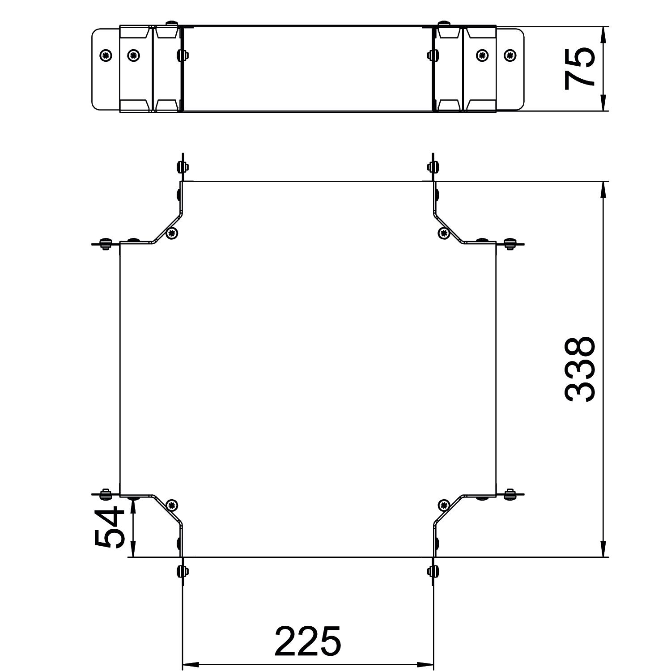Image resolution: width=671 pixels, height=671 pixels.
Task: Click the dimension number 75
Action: coord(580,69)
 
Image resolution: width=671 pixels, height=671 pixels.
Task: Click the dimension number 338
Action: coord(580,369)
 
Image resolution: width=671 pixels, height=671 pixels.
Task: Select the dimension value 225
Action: coord(308,641)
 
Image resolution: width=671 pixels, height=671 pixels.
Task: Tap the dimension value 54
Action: coord(109,527)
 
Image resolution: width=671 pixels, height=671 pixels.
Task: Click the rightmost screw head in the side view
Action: coord(509,55)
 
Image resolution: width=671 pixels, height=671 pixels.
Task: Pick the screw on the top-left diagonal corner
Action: coord(172,233)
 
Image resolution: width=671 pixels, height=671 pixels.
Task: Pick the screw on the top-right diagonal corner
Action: coord(443,232)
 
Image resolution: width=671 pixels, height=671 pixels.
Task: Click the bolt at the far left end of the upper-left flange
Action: coord(105,244)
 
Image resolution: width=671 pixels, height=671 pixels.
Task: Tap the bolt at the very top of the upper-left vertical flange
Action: coord(182,167)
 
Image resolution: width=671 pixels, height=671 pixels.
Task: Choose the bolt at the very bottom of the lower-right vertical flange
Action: coord(433,571)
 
